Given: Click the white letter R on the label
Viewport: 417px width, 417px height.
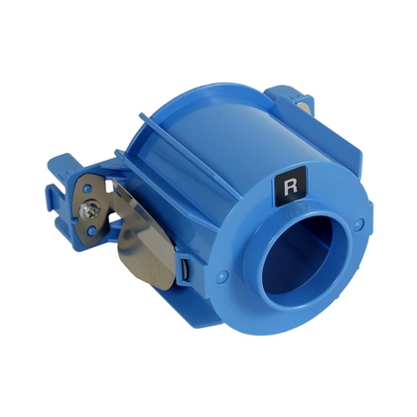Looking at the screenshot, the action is tap(291, 187).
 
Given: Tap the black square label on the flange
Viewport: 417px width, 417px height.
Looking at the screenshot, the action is tap(290, 185).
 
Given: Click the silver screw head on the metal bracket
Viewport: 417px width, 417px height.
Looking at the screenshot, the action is tap(90, 209).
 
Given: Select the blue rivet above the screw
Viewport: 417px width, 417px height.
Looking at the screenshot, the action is tap(86, 190).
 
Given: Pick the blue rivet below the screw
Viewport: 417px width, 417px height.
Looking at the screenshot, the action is tap(92, 228).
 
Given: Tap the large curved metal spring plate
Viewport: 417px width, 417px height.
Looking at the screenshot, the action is tap(146, 231).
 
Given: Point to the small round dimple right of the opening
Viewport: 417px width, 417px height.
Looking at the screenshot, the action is tap(356, 224).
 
